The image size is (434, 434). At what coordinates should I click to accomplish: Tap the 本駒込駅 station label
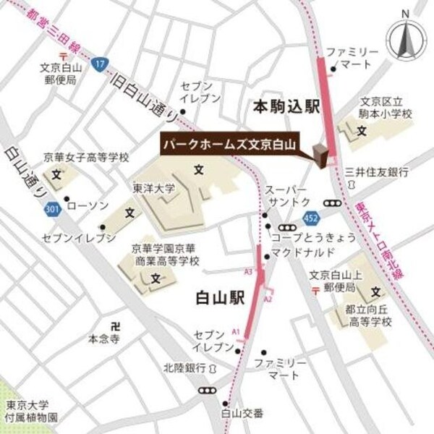[x=286, y=106]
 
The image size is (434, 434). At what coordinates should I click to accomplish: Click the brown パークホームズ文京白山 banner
[x=230, y=144]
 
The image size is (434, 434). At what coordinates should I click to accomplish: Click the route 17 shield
[x=99, y=66]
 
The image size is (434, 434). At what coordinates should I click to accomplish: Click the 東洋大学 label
[x=154, y=188]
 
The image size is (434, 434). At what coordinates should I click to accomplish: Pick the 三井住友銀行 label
[x=377, y=172]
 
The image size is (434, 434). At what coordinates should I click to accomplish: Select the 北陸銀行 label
[x=182, y=367]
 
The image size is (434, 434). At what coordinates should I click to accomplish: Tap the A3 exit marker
[x=248, y=271]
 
